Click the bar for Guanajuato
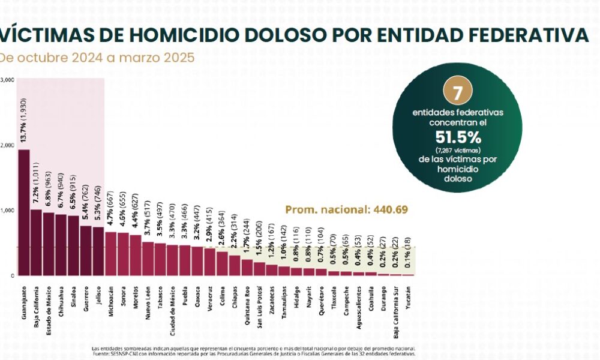tap(24, 213)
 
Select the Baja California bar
tap(36, 243)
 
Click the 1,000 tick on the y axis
tap(7, 211)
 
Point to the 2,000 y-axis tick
tap(7, 145)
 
